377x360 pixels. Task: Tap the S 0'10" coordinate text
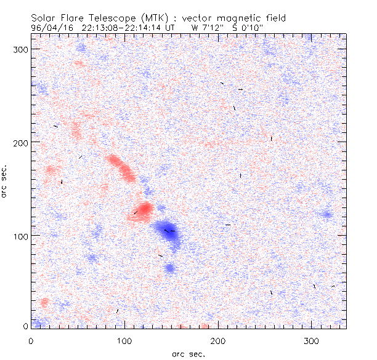click(246, 27)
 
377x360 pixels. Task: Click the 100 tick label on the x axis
click(124, 340)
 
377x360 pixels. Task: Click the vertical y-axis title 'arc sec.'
click(5, 181)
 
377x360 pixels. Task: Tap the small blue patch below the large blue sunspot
click(169, 268)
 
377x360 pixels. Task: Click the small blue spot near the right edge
click(326, 215)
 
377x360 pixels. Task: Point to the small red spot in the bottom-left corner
click(44, 302)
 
